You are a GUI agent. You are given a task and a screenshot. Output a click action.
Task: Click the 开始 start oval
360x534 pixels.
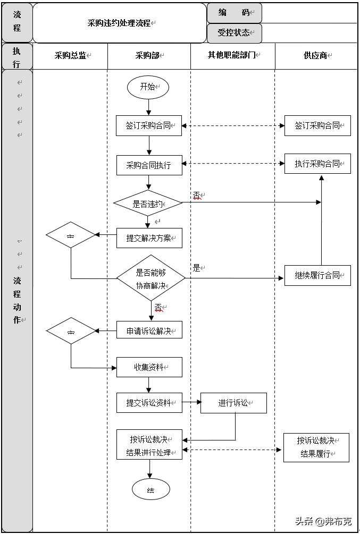point(148,87)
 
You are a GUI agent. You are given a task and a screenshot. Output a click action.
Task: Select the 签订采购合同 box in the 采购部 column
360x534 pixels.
point(149,126)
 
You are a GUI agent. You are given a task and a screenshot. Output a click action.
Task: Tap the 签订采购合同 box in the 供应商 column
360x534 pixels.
point(317,126)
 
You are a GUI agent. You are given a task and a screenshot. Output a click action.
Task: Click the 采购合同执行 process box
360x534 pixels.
point(149,165)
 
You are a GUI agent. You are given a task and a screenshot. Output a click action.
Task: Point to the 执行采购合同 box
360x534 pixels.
point(317,164)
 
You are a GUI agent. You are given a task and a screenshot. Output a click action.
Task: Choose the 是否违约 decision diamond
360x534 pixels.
point(148,203)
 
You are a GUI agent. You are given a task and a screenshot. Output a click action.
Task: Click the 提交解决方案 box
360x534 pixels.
point(149,238)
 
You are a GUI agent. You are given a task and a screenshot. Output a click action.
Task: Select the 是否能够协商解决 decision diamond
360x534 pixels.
point(151,278)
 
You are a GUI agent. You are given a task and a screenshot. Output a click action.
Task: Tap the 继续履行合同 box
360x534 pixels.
point(317,275)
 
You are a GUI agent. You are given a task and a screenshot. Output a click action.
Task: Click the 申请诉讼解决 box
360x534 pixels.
point(149,330)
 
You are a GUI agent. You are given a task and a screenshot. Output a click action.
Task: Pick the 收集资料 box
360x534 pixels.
point(149,367)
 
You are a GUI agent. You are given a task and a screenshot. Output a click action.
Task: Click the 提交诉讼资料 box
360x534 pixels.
point(149,403)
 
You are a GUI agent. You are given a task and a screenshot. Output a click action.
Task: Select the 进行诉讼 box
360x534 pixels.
point(233,403)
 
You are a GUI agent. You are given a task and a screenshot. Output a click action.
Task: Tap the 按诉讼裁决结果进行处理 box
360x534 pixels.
point(149,445)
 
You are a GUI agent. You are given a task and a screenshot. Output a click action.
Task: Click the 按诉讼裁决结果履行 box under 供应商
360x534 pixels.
point(316,447)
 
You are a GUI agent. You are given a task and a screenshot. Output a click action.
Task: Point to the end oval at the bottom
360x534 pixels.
point(151,489)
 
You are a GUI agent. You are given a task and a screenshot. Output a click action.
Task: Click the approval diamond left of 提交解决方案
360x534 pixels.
point(71,235)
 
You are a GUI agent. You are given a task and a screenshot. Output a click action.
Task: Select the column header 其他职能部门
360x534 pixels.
point(232,55)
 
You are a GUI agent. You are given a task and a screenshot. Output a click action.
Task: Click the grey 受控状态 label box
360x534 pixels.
point(234,33)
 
